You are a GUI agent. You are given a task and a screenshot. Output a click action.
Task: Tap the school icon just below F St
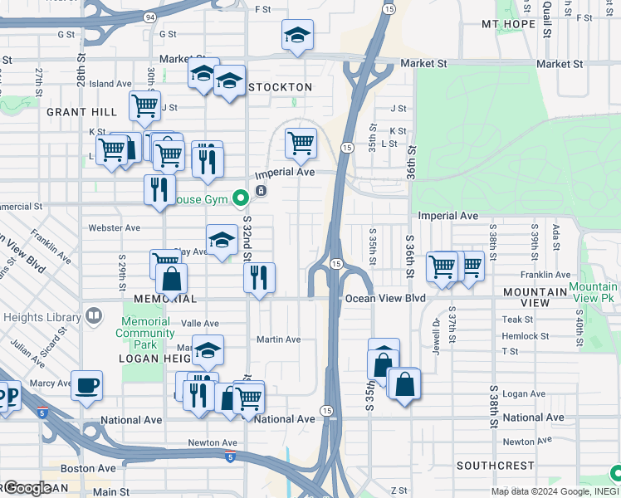tap(297, 36)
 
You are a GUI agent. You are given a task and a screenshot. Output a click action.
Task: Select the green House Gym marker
tap(241, 198)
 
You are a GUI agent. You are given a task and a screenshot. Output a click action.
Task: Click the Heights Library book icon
tap(94, 316)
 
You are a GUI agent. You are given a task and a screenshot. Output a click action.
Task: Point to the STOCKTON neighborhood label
tap(280, 87)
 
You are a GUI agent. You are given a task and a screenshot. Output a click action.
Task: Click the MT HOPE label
tap(508, 24)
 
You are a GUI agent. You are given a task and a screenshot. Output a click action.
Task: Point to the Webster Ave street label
tap(114, 227)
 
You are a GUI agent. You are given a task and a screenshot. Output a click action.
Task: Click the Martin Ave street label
tap(278, 339)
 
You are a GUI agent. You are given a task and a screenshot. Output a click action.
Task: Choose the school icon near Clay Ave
tap(222, 240)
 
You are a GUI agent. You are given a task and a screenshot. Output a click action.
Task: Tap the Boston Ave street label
tap(88, 468)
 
